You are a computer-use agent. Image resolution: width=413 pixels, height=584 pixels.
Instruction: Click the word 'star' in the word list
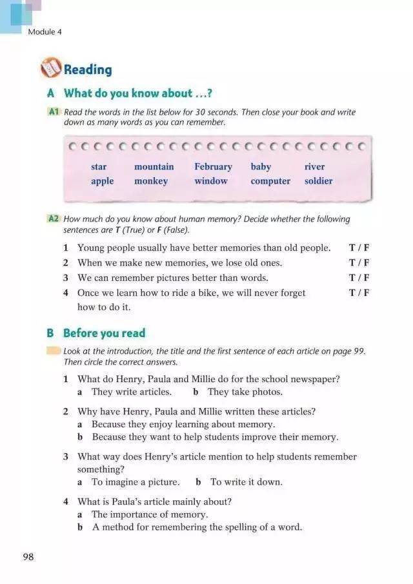[x=99, y=167]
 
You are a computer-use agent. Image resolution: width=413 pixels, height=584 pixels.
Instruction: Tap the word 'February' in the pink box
[x=213, y=167]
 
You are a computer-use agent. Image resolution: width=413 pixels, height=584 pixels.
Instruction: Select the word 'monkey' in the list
[x=151, y=181]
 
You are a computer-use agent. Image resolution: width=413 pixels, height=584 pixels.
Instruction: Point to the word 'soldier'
[x=318, y=181]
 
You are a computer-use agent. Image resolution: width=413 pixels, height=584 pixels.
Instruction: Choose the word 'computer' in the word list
[x=270, y=181]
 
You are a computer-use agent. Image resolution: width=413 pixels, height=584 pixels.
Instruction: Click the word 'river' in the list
[x=314, y=167]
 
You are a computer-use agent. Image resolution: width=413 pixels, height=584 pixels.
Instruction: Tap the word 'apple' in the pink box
[x=102, y=181]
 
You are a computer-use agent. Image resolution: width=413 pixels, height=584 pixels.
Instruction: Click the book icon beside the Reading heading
[x=50, y=68]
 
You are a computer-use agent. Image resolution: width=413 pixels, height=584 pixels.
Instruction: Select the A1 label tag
[x=54, y=112]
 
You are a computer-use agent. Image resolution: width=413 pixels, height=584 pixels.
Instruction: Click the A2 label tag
[x=54, y=219]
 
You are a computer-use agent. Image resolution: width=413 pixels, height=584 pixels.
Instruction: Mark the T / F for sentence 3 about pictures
[x=359, y=278]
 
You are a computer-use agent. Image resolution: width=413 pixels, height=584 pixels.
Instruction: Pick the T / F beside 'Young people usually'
[x=359, y=248]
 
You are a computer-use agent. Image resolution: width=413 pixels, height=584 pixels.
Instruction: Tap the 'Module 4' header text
[x=45, y=31]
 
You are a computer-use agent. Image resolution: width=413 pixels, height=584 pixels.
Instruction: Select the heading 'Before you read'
[x=104, y=333]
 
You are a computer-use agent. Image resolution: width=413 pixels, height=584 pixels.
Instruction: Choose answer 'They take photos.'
[x=245, y=392]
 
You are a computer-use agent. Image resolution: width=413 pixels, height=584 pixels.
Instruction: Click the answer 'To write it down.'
[x=247, y=482]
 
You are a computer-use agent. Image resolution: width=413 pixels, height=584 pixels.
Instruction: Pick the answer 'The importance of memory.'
[x=150, y=514]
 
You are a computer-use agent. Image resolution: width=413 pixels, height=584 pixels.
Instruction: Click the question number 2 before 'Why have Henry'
[x=66, y=411]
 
